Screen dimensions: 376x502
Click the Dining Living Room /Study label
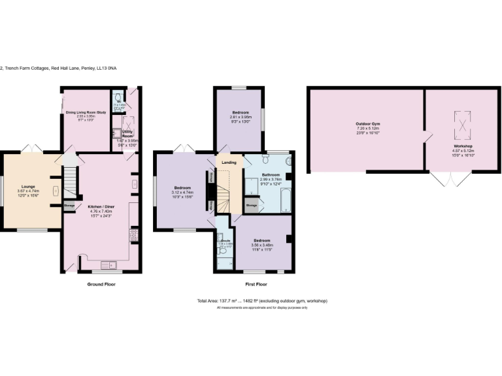86,113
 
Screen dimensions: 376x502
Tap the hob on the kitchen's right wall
135,233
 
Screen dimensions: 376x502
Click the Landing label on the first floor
229,162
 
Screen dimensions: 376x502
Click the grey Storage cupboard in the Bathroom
252,205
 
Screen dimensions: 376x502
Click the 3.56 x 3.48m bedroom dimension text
263,245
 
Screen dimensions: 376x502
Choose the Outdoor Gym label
368,124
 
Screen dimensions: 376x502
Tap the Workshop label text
463,146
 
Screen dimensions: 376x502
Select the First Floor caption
256,285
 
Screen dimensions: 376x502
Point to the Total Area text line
261,301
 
